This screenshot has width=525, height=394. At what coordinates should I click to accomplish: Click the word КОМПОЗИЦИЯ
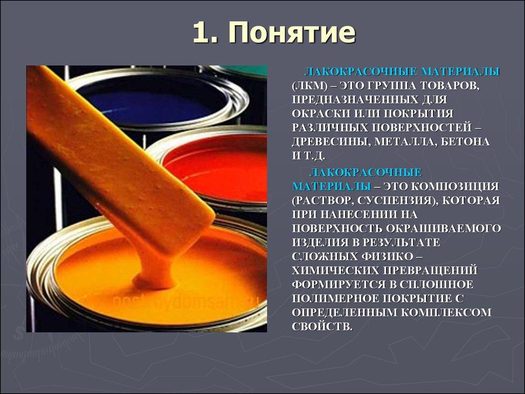click(456, 185)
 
